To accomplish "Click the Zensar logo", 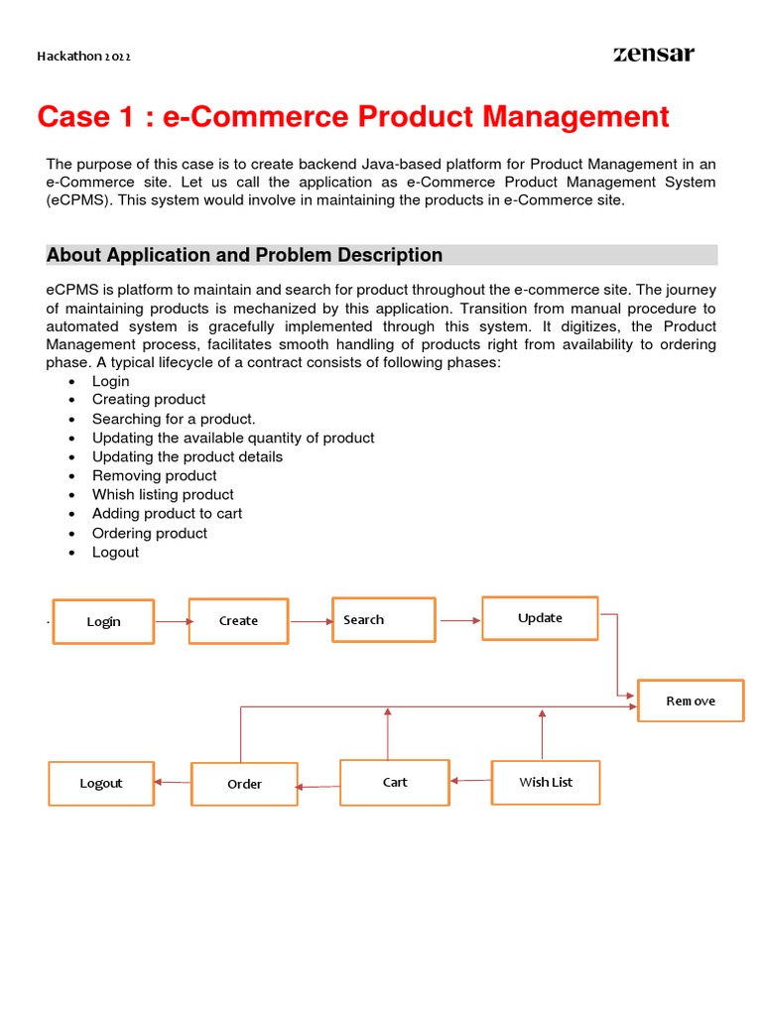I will pyautogui.click(x=653, y=54).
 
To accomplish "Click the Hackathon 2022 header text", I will pyautogui.click(x=83, y=57).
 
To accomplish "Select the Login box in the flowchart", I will pyautogui.click(x=103, y=622).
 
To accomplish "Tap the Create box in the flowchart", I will pyautogui.click(x=238, y=621).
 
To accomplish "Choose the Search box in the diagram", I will pyautogui.click(x=383, y=620).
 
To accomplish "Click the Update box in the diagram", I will pyautogui.click(x=540, y=618).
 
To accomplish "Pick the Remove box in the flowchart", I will pyautogui.click(x=691, y=700).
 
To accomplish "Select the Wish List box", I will pyautogui.click(x=546, y=782).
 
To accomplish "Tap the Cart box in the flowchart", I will pyautogui.click(x=395, y=782).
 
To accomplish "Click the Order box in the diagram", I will pyautogui.click(x=244, y=784).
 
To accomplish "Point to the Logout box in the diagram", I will pyautogui.click(x=101, y=784).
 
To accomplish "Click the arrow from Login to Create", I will pyautogui.click(x=172, y=622).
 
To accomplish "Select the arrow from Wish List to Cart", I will pyautogui.click(x=470, y=781).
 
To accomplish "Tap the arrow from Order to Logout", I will pyautogui.click(x=173, y=782).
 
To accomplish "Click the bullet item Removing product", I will pyautogui.click(x=154, y=475).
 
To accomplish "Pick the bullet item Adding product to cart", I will pyautogui.click(x=167, y=514).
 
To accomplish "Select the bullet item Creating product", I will pyautogui.click(x=149, y=399).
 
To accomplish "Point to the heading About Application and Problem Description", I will pyautogui.click(x=244, y=255).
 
